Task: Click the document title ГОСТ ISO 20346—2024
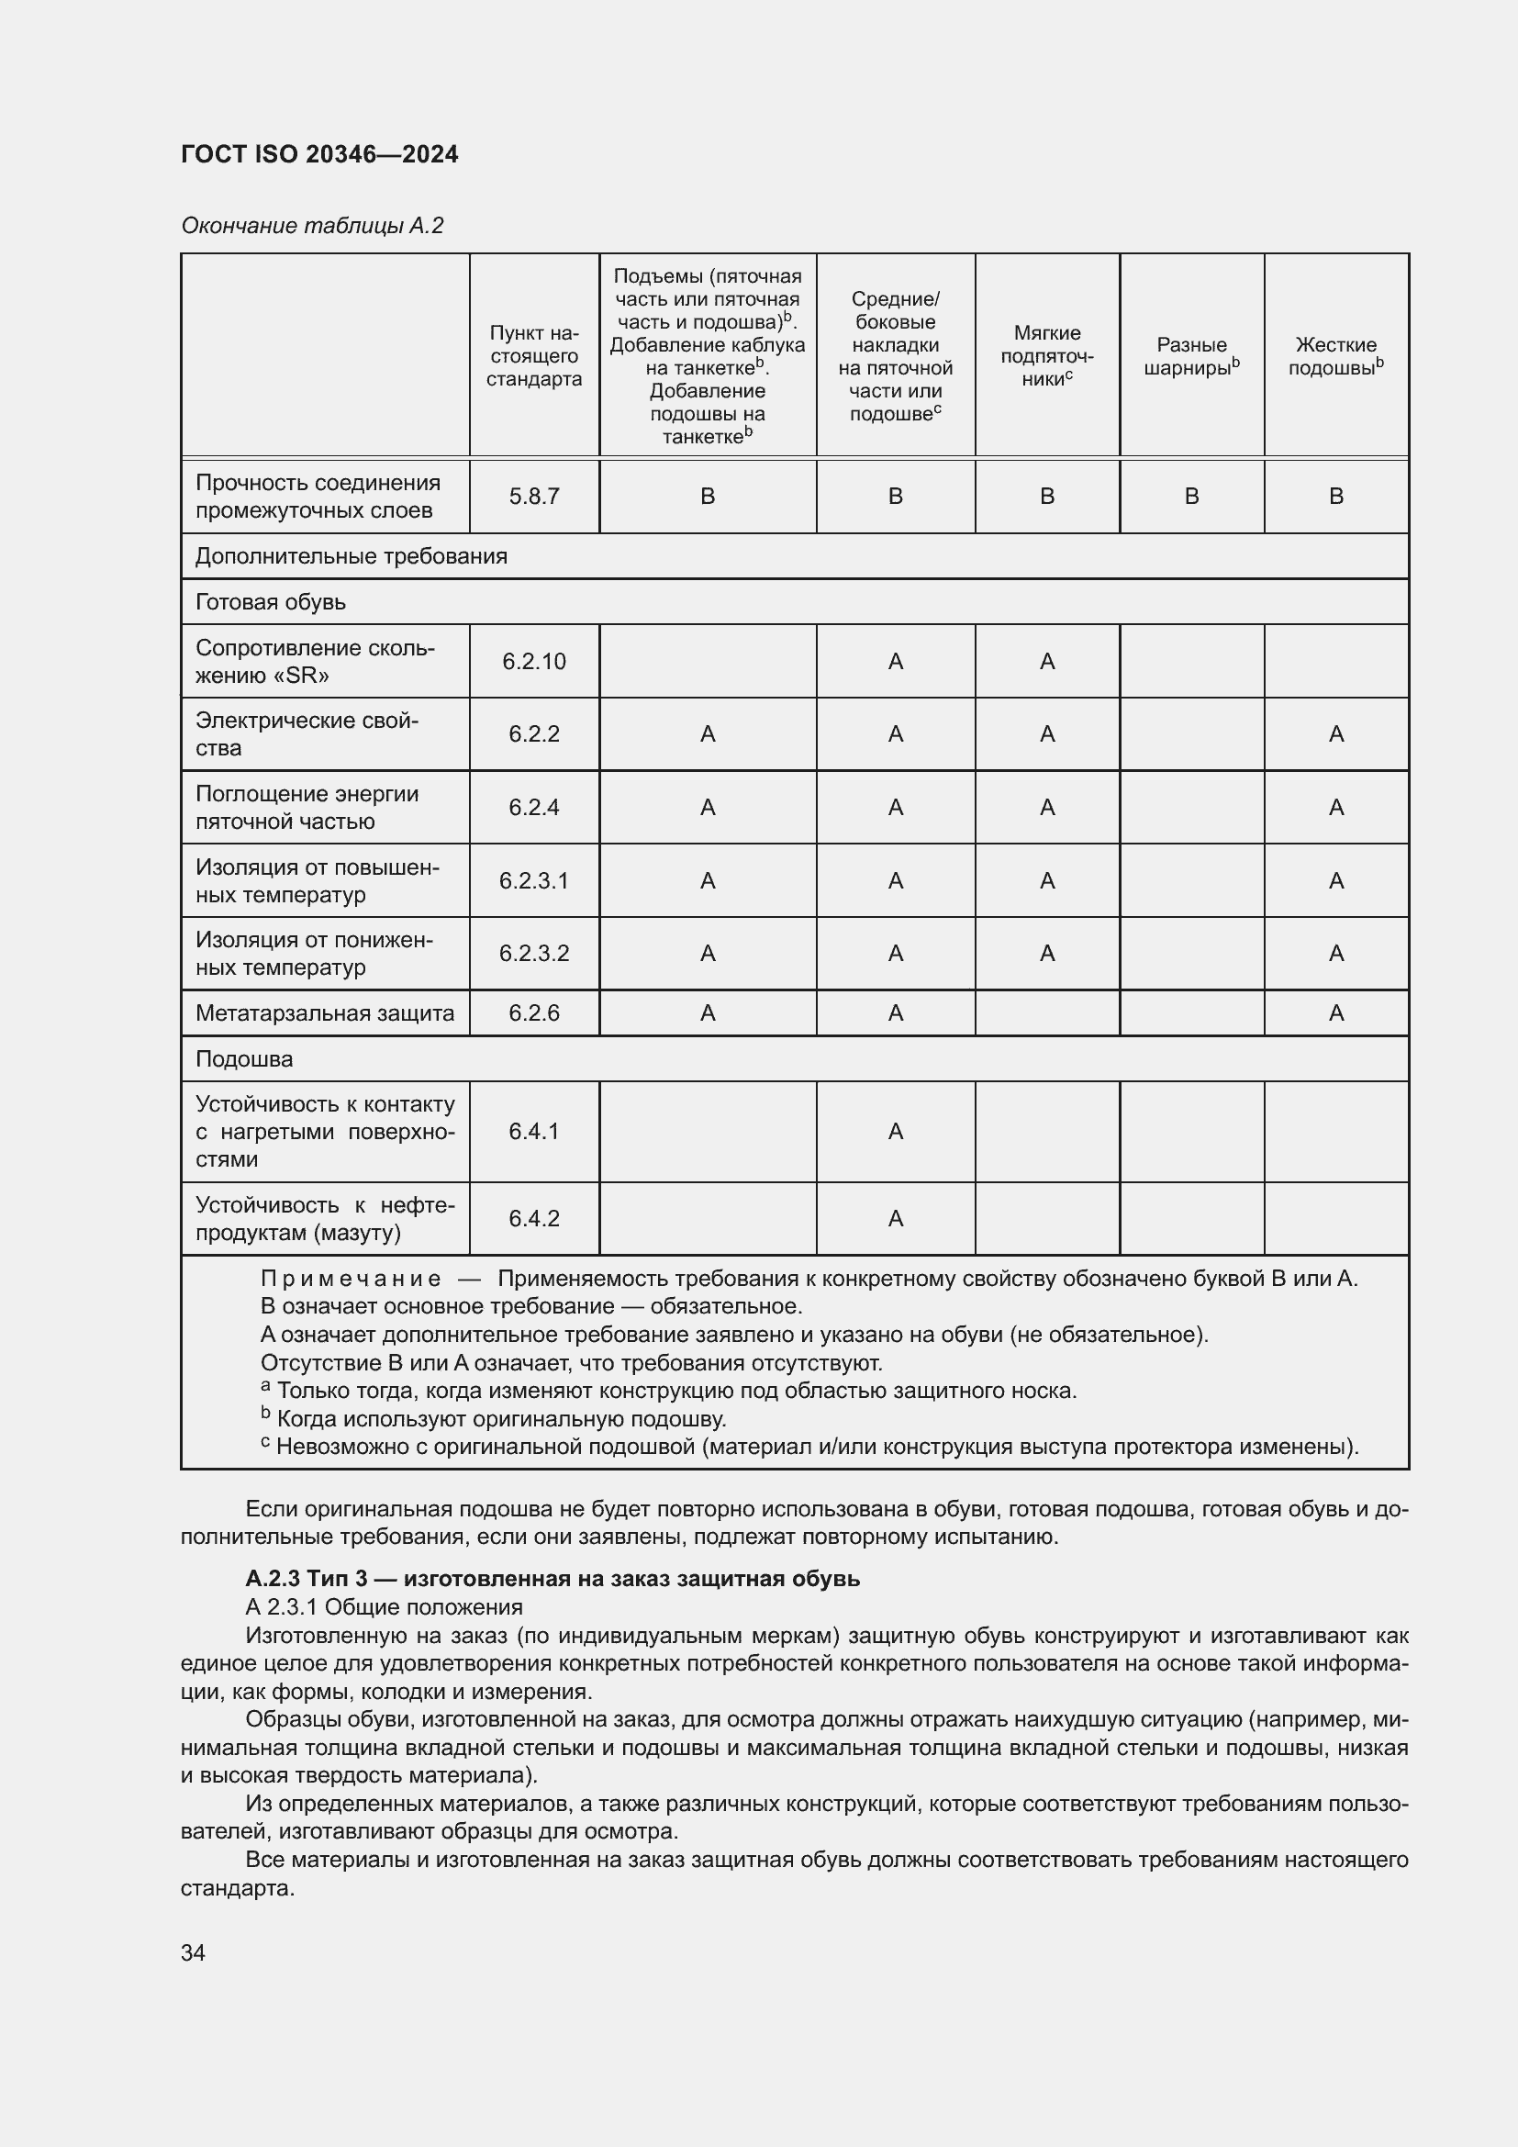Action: click(319, 154)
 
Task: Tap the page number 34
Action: click(194, 1952)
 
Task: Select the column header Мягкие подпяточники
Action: click(1047, 355)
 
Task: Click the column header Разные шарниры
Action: click(1191, 355)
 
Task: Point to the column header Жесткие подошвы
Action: click(1334, 355)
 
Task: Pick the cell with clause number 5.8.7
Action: click(534, 497)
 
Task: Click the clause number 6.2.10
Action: click(534, 662)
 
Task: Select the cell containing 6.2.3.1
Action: click(534, 881)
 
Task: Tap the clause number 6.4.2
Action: click(534, 1218)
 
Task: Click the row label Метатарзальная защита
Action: click(324, 1013)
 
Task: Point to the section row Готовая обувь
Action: click(270, 602)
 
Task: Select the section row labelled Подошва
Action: click(244, 1059)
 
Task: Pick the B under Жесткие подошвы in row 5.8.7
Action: click(1335, 497)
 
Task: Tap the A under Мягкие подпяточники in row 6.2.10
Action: click(1047, 662)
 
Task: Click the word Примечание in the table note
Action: click(351, 1280)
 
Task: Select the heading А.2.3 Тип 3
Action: click(552, 1580)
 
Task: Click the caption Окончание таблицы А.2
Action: click(312, 226)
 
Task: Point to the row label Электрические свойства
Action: click(307, 734)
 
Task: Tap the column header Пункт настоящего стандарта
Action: click(534, 355)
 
